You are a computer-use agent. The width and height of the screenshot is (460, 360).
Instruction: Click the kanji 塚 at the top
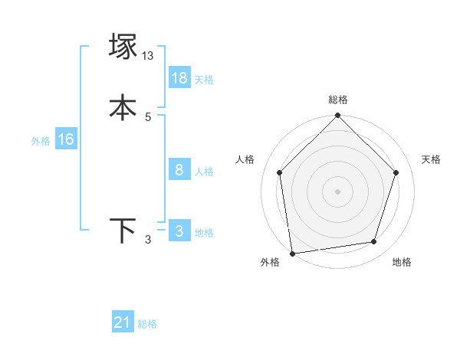point(123,47)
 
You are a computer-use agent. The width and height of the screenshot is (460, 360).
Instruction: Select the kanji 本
point(123,107)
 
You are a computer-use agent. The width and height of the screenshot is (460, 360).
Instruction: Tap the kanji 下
point(123,231)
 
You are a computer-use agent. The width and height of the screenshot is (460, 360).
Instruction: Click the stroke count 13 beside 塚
point(148,56)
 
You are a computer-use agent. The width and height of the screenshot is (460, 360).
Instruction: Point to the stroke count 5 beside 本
point(148,116)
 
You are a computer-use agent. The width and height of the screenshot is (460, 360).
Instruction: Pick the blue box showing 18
point(179,78)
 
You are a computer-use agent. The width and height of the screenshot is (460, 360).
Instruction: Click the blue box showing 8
point(179,170)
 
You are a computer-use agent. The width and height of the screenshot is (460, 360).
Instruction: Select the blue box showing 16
point(66,139)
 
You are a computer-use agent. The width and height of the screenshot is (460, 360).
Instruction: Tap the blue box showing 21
point(123,322)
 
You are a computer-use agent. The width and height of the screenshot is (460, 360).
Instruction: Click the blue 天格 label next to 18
point(204,80)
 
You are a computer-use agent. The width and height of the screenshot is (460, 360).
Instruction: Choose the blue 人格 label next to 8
point(204,172)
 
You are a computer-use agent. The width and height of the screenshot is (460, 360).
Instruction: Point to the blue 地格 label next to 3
point(204,233)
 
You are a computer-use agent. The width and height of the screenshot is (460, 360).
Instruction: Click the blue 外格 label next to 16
point(41,141)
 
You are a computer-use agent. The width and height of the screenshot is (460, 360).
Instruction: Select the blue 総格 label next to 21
point(147,324)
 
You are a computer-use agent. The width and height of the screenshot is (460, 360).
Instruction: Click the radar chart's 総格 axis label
point(338,100)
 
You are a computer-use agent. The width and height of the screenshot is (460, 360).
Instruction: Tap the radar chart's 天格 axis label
point(432,159)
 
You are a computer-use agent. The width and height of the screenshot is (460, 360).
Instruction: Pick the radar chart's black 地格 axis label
point(402,262)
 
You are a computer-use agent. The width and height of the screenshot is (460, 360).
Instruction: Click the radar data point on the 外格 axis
point(292,252)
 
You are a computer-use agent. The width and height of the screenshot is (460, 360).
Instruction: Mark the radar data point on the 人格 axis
point(279,172)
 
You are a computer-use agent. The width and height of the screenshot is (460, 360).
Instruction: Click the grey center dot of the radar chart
point(337,191)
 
